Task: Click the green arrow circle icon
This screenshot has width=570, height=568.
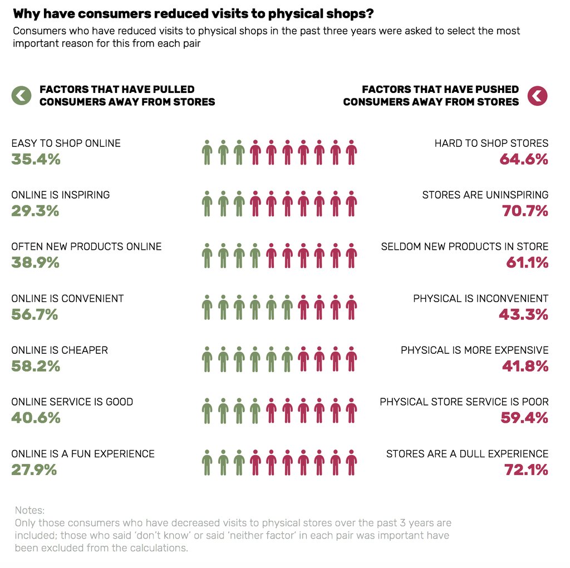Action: [21, 96]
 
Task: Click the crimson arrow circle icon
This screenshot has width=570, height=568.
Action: [538, 96]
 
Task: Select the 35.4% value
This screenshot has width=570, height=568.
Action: [36, 160]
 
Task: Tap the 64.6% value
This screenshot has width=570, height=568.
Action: [524, 160]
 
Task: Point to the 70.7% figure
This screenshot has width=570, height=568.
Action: [524, 211]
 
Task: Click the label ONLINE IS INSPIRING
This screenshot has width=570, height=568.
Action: [61, 195]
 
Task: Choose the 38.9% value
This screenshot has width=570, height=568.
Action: [36, 263]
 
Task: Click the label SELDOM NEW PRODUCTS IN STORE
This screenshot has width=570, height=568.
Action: [465, 246]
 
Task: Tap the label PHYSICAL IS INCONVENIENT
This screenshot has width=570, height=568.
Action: [480, 298]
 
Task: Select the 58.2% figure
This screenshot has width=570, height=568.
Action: [36, 367]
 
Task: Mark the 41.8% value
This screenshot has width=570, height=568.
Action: [524, 367]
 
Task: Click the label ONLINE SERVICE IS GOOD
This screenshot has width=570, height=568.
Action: [72, 402]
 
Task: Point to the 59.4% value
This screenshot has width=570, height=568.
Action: [524, 418]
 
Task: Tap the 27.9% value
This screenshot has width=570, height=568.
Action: [34, 470]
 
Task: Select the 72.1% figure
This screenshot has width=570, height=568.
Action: [526, 470]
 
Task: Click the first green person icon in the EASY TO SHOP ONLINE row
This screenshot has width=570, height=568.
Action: [207, 152]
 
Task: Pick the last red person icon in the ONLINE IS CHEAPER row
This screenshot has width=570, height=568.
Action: [351, 359]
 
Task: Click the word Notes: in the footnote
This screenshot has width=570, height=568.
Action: [30, 510]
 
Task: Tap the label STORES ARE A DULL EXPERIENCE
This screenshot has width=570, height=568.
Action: [467, 453]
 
